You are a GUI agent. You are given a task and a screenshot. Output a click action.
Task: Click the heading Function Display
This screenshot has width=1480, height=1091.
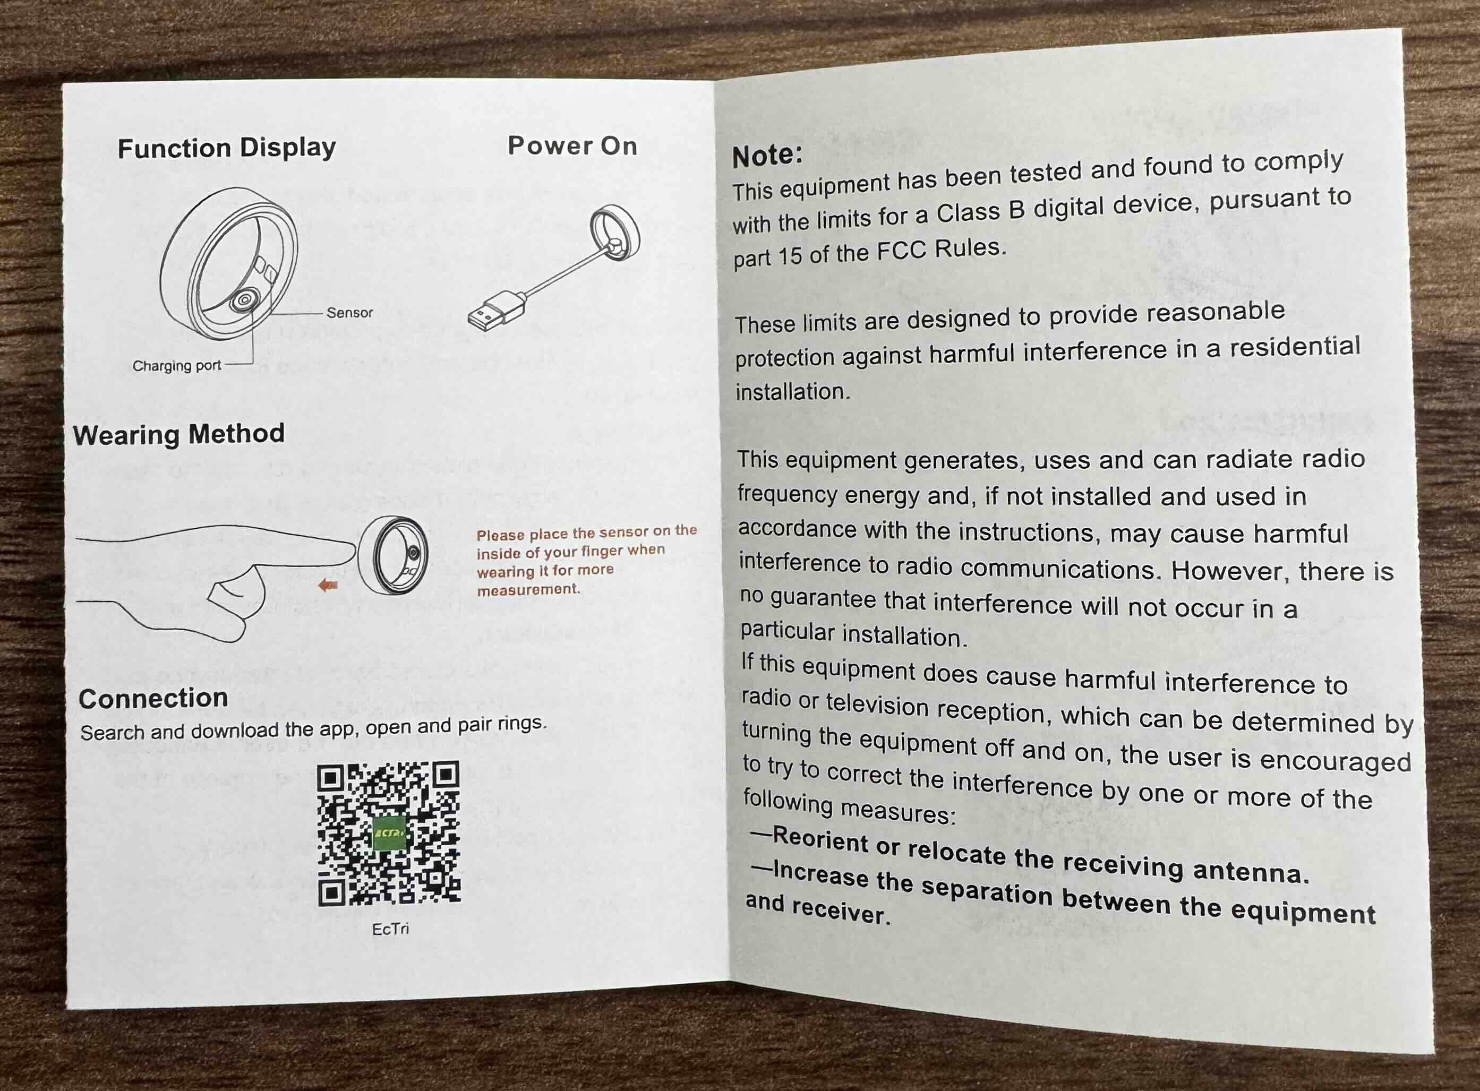(227, 148)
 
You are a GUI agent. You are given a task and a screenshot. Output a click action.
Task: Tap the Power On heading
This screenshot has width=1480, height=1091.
(572, 145)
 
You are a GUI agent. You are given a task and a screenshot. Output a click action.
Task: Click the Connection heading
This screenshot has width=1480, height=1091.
(153, 699)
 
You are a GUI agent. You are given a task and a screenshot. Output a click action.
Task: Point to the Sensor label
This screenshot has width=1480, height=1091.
(349, 312)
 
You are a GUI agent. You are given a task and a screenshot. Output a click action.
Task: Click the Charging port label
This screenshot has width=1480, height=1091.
(176, 366)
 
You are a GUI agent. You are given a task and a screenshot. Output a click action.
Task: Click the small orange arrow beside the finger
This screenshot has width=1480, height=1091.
(328, 585)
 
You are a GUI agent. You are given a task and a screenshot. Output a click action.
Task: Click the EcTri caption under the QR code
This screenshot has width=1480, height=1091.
(390, 929)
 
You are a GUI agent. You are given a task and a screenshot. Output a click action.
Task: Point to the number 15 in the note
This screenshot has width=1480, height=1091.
(789, 257)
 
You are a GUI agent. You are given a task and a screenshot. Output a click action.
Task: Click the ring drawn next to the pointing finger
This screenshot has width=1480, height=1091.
(393, 555)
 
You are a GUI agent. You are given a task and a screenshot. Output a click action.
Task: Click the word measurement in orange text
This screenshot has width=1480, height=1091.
(528, 589)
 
